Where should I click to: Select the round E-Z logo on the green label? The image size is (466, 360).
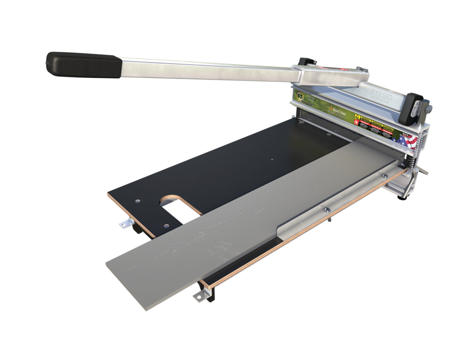point(301,96)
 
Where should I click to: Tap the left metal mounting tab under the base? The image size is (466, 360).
point(125,223)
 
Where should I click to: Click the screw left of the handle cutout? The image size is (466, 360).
point(137,200)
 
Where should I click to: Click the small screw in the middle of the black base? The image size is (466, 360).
point(271,159)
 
